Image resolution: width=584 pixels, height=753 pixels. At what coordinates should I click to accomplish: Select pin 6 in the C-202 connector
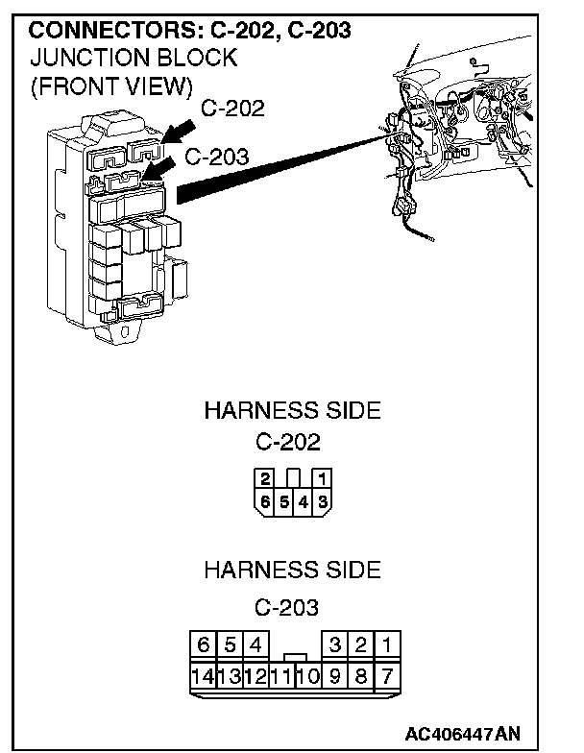tap(263, 500)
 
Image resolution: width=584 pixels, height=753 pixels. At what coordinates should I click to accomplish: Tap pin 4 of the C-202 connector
tap(303, 500)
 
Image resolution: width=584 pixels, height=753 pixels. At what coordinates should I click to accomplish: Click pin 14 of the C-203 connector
tap(204, 674)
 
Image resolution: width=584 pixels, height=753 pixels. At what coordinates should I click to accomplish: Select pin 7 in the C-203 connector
tap(386, 674)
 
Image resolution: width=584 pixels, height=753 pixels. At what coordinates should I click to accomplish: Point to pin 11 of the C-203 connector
tap(280, 674)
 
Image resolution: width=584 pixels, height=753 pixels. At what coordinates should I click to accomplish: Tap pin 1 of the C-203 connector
tap(386, 644)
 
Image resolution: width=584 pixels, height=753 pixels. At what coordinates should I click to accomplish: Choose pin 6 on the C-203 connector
tap(203, 644)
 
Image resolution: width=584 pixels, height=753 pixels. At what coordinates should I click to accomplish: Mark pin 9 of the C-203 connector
tap(334, 674)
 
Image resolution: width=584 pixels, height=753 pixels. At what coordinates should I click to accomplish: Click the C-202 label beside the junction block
tap(232, 109)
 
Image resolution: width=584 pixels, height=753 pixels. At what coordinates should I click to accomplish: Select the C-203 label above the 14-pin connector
tap(288, 607)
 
